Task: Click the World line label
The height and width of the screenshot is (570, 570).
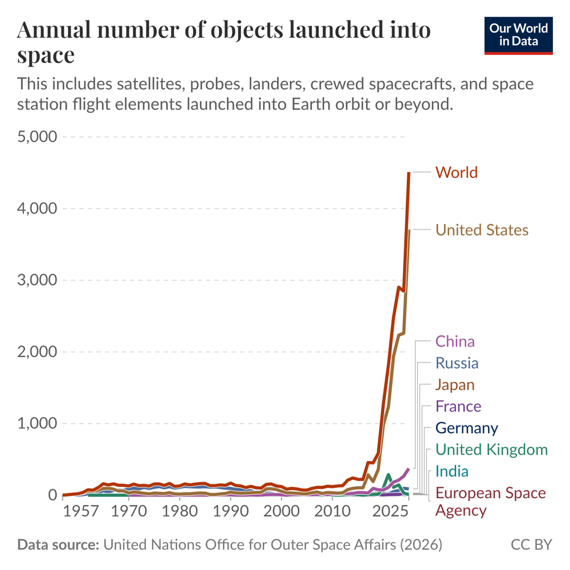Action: click(456, 172)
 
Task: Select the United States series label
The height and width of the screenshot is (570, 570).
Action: click(482, 230)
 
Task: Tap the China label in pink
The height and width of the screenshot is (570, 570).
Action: click(455, 341)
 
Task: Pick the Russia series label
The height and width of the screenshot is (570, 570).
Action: click(457, 363)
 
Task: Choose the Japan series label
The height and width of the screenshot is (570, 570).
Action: click(454, 385)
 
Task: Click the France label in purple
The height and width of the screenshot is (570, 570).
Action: click(458, 406)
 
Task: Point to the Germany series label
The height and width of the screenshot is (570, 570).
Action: click(466, 428)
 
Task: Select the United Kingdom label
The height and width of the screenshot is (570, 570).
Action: click(491, 450)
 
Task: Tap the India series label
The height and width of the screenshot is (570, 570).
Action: click(451, 471)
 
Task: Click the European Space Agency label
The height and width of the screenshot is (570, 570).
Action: click(490, 501)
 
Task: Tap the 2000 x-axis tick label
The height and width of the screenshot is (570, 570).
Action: click(281, 511)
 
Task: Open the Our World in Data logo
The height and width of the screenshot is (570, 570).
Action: click(519, 35)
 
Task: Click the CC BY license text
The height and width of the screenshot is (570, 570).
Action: click(531, 545)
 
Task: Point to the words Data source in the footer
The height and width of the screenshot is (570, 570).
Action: click(58, 545)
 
